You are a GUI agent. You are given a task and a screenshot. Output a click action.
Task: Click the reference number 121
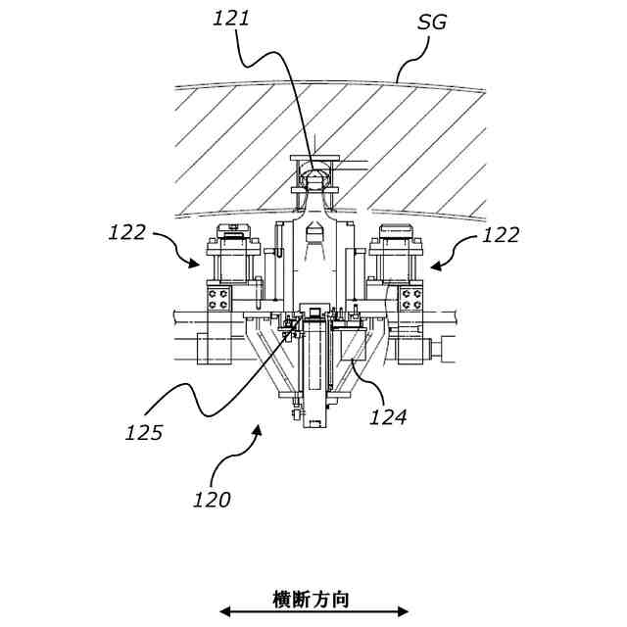click(x=231, y=18)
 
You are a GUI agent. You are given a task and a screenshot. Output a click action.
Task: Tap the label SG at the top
click(x=432, y=22)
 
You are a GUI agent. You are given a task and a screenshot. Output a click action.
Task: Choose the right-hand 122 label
click(x=502, y=235)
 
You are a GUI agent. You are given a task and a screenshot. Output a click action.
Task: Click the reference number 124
click(x=388, y=416)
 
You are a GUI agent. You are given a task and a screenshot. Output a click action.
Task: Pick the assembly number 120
click(x=211, y=500)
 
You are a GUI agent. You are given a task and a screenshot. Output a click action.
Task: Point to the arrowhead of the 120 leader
click(x=258, y=428)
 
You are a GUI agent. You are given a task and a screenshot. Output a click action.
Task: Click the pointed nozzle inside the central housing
click(x=314, y=239)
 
